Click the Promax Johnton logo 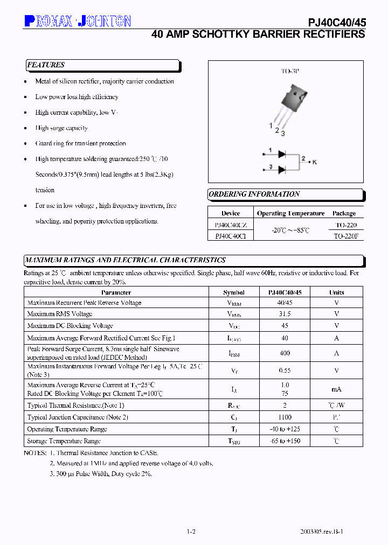[x=78, y=21]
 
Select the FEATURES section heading [x=46, y=65]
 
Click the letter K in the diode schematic [x=315, y=162]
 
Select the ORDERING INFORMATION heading [x=254, y=194]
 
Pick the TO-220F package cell [x=345, y=236]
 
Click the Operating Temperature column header [x=290, y=213]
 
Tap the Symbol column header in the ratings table [x=234, y=292]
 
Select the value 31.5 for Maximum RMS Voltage [x=285, y=314]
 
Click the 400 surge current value [x=285, y=353]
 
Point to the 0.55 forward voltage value [x=285, y=371]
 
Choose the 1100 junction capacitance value [x=285, y=417]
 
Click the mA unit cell [x=337, y=389]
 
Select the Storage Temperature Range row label [x=64, y=441]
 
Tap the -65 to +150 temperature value [x=285, y=441]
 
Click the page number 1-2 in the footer [x=191, y=532]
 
